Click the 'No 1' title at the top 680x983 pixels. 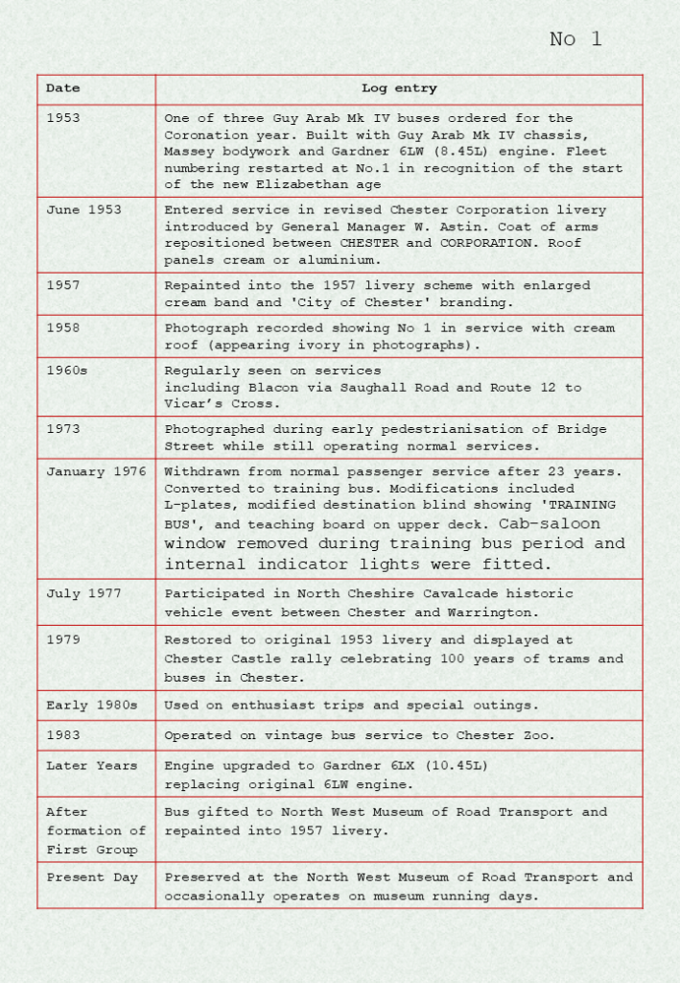pos(575,39)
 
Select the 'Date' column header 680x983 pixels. pos(63,88)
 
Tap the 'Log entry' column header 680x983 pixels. pos(399,88)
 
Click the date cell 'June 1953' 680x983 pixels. pos(84,210)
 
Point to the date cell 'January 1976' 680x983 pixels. pos(96,471)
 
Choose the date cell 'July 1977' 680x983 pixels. pos(84,593)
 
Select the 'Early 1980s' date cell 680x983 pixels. pos(92,706)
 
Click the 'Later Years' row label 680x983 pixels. pos(92,766)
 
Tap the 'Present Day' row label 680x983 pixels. pos(92,877)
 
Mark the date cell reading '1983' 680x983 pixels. pos(63,735)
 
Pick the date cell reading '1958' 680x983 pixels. pos(63,328)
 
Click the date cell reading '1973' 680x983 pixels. pos(63,429)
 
